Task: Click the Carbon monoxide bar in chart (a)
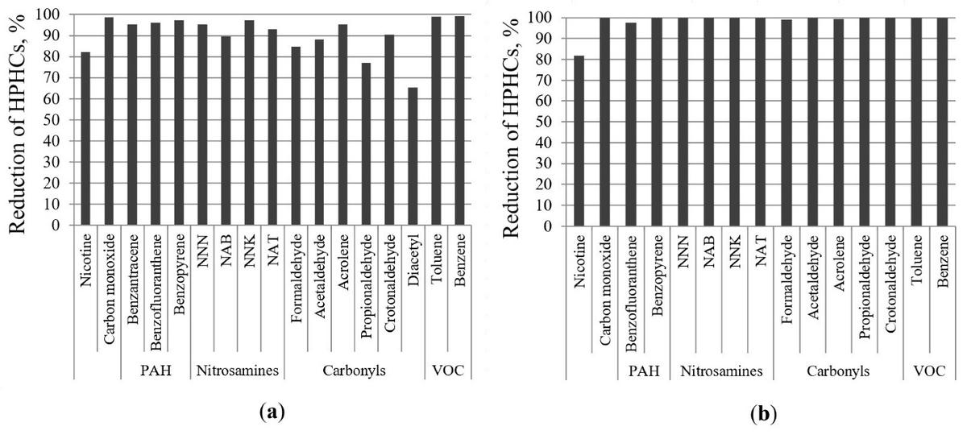tap(109, 122)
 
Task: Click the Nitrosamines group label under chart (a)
tap(237, 371)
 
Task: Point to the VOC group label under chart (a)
tap(448, 371)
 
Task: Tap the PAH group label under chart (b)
tap(643, 371)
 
